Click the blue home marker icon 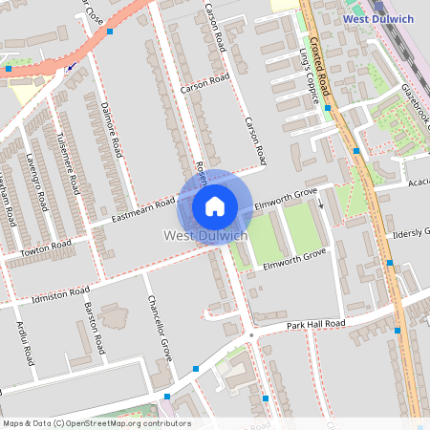(215, 205)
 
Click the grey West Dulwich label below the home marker (206, 235)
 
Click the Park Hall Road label (315, 325)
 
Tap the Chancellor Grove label (159, 324)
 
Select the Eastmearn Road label (143, 211)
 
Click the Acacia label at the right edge (418, 181)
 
